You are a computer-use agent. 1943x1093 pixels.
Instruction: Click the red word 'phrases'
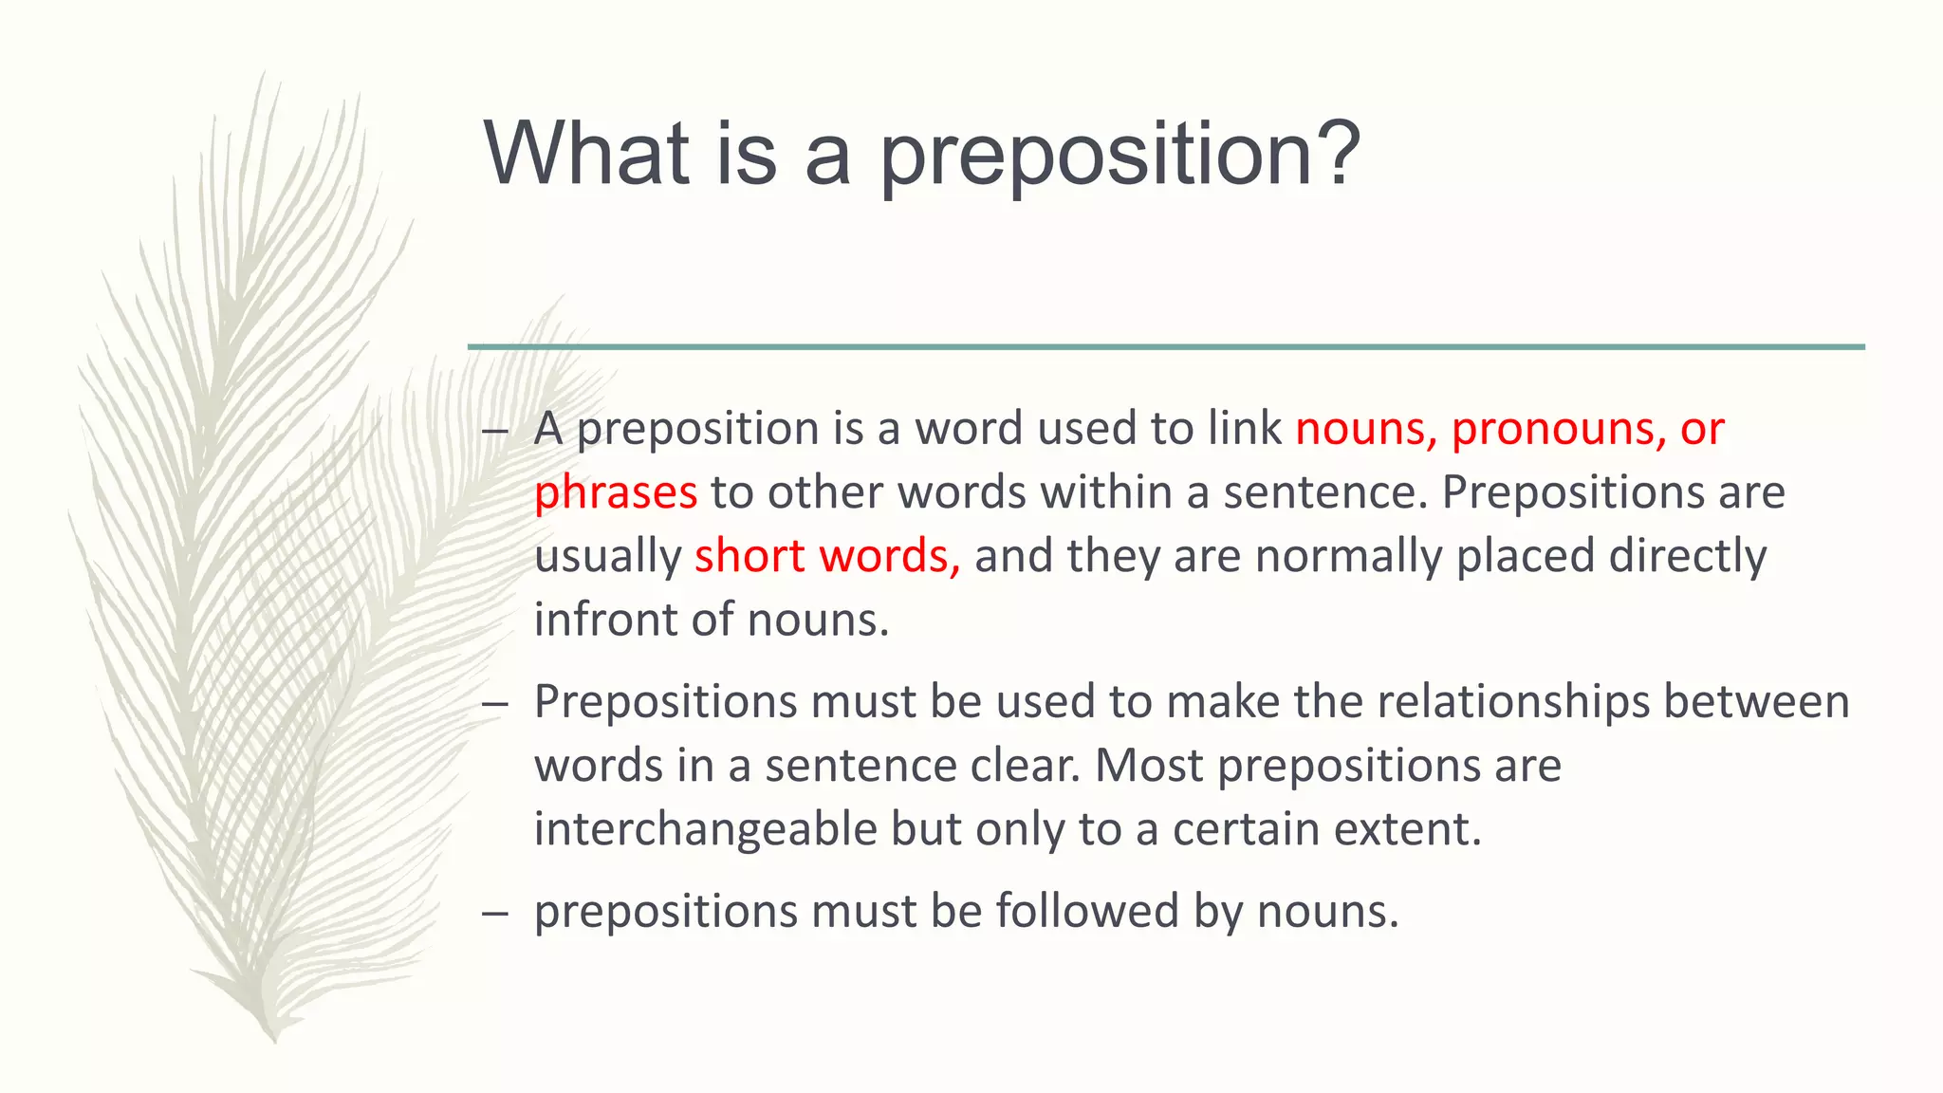pos(616,492)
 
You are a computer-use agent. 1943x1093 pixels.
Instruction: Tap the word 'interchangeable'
pos(705,829)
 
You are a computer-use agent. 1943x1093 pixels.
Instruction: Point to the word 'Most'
pos(1149,766)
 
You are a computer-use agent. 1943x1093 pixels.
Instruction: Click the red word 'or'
pos(1702,429)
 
